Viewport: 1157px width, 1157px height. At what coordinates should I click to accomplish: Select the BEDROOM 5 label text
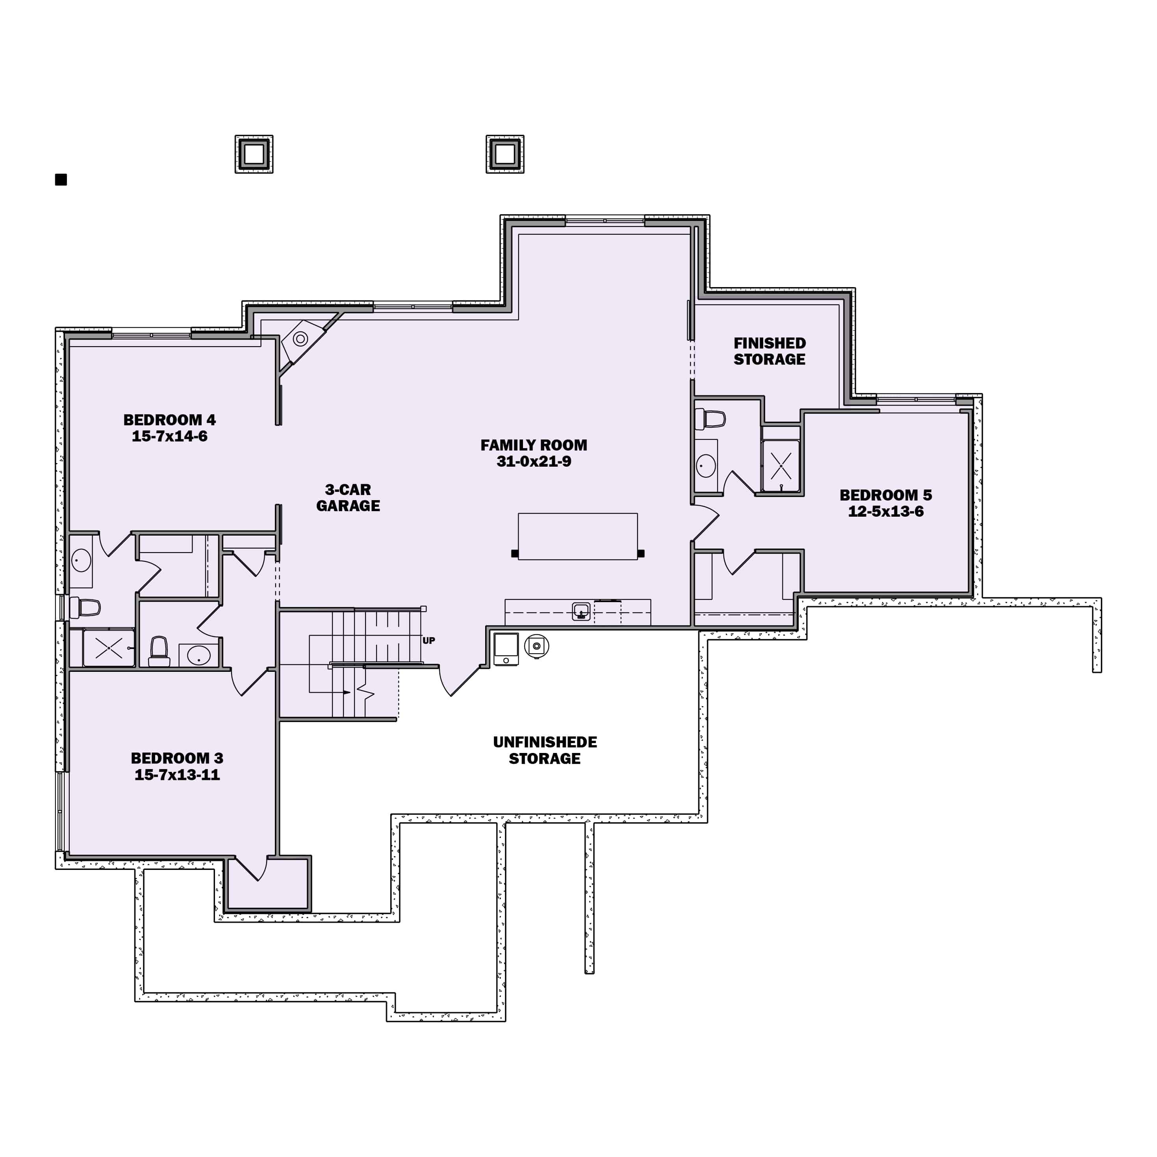(885, 496)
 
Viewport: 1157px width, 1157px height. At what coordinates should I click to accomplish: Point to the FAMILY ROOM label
(534, 445)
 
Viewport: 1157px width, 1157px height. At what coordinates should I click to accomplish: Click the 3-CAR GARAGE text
(348, 498)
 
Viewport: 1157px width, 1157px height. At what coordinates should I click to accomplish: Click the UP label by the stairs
(429, 641)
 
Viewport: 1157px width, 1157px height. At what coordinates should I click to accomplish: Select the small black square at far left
(61, 180)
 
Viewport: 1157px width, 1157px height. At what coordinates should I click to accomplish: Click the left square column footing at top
(254, 154)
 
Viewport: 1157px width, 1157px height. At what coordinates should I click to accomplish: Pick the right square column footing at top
(505, 154)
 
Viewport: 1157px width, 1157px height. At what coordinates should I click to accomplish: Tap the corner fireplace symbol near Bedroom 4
(300, 339)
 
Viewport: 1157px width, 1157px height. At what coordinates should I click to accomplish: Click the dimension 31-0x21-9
(534, 462)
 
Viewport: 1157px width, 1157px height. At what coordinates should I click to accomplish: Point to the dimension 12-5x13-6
(885, 512)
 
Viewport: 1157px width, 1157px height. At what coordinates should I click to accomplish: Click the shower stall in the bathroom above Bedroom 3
(108, 647)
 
